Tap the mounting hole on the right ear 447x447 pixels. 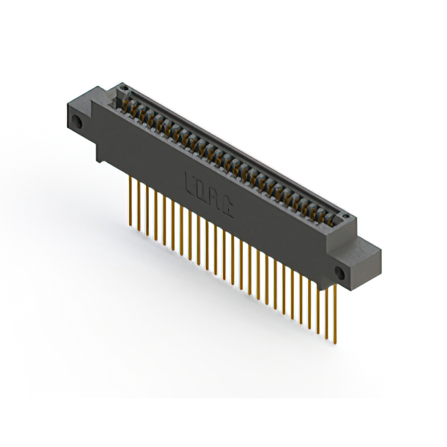[x=341, y=271]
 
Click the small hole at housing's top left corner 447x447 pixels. [x=124, y=89]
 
